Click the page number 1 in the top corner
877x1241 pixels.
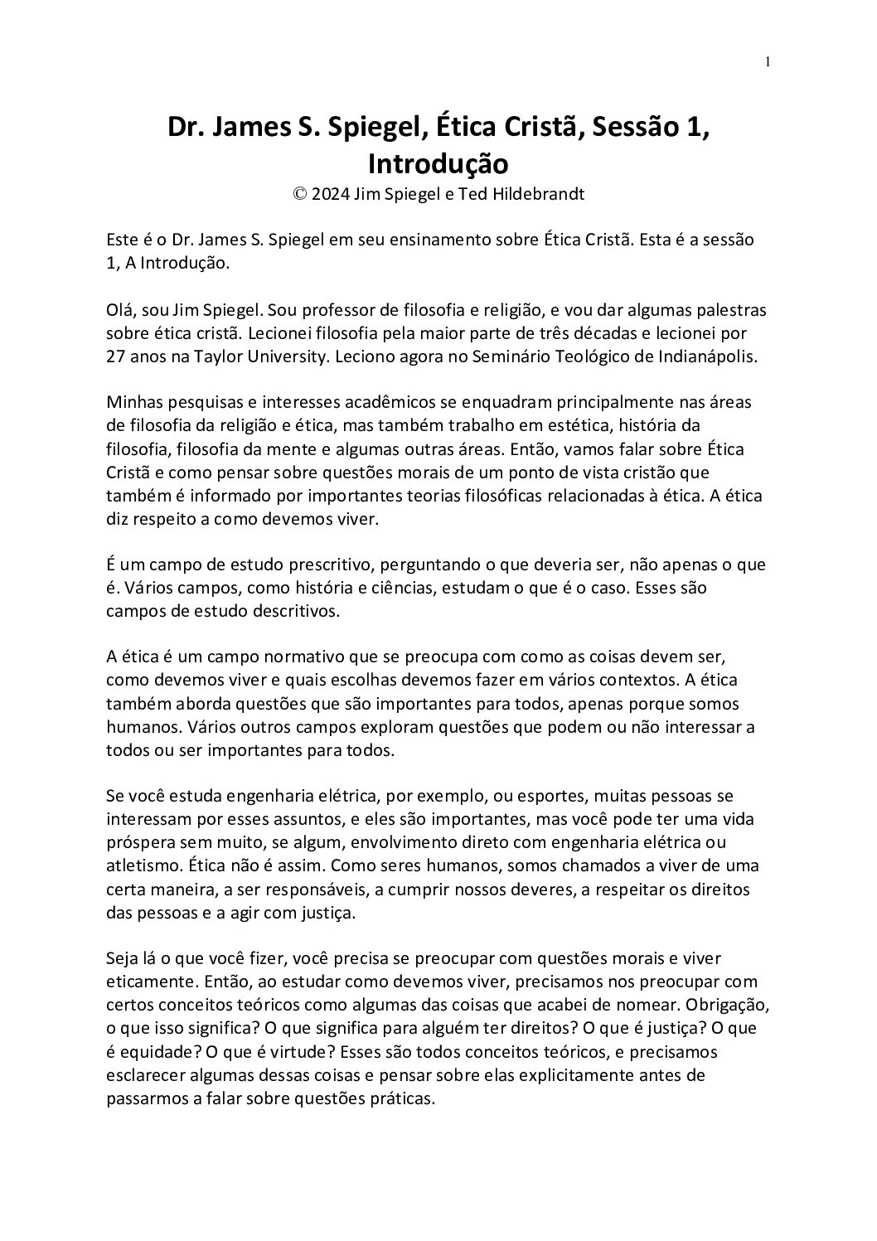point(768,61)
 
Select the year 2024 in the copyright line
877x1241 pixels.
point(331,195)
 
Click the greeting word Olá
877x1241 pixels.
point(121,310)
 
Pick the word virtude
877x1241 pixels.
point(351,1052)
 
